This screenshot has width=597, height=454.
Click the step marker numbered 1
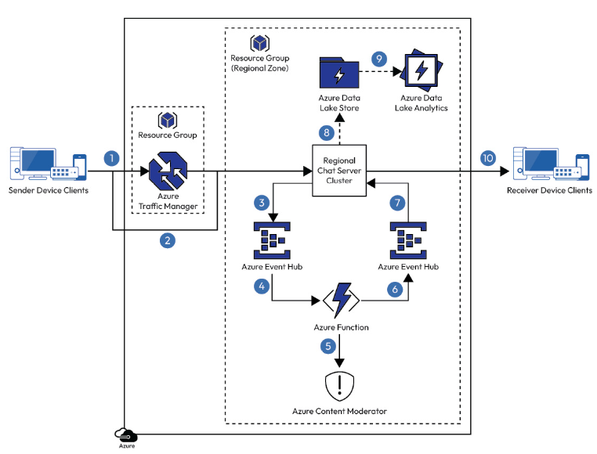(112, 157)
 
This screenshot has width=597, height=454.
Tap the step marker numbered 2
(167, 240)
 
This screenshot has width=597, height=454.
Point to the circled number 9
(379, 58)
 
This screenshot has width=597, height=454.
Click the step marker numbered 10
(488, 157)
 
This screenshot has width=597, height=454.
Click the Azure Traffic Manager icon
(168, 171)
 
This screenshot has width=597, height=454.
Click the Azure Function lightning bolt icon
(340, 299)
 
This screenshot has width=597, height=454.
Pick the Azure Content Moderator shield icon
(340, 385)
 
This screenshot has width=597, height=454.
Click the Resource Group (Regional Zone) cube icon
(259, 43)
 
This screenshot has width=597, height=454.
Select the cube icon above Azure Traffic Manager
(168, 120)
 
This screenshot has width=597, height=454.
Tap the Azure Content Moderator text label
(340, 411)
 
